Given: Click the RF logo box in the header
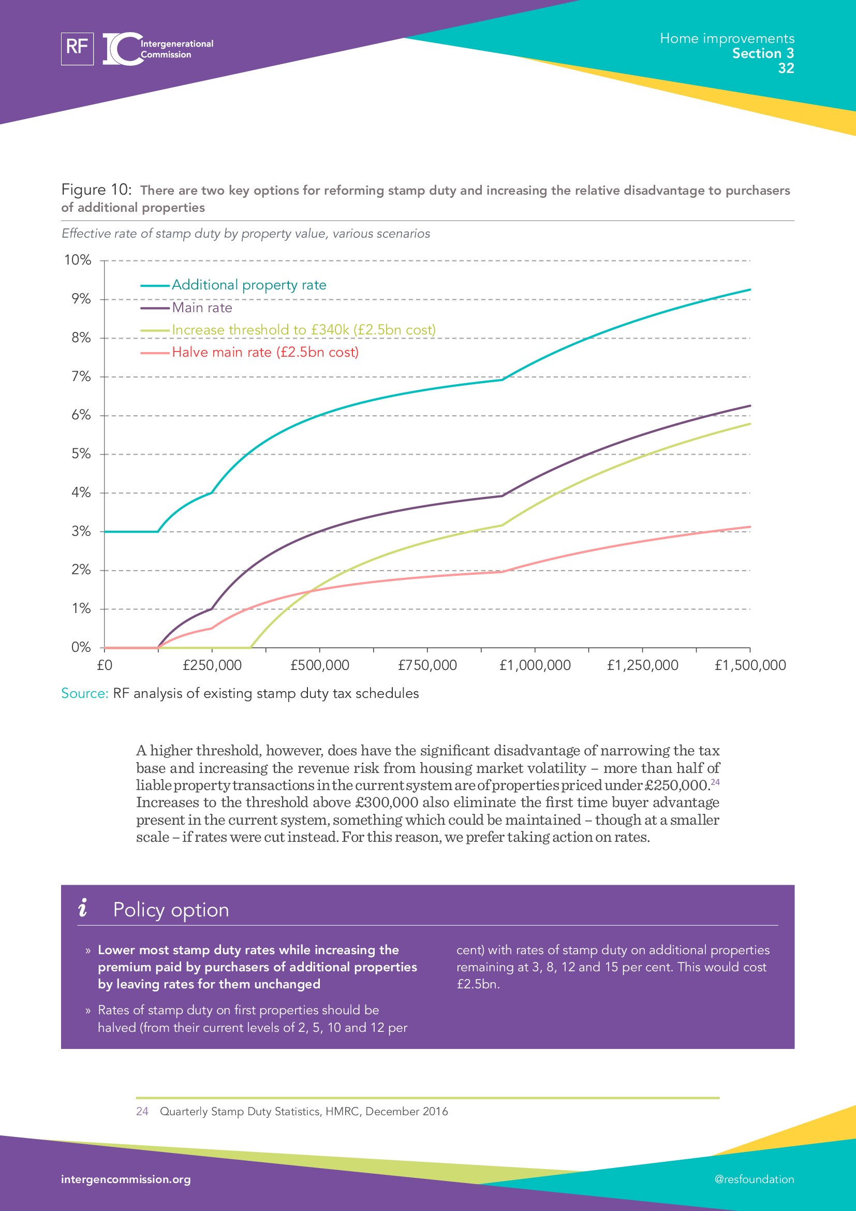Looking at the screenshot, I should [77, 49].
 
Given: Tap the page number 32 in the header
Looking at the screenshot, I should [786, 68].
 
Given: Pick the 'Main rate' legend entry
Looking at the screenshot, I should [201, 308].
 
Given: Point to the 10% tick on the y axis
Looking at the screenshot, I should [78, 260].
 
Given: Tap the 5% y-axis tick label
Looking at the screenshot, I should [81, 454].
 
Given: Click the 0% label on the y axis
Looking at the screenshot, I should [81, 647].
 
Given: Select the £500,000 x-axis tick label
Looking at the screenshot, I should [319, 665].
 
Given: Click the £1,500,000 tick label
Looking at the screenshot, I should [749, 665].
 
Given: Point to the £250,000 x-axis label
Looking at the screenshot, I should [212, 665].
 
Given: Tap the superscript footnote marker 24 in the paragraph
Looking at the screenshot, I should [715, 782].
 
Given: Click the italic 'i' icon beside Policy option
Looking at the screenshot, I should [83, 908].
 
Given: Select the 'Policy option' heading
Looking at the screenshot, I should [171, 910].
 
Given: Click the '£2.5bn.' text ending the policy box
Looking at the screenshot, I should [478, 984].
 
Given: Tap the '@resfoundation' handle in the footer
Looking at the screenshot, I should [754, 1179].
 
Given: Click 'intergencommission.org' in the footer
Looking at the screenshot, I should [126, 1179].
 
